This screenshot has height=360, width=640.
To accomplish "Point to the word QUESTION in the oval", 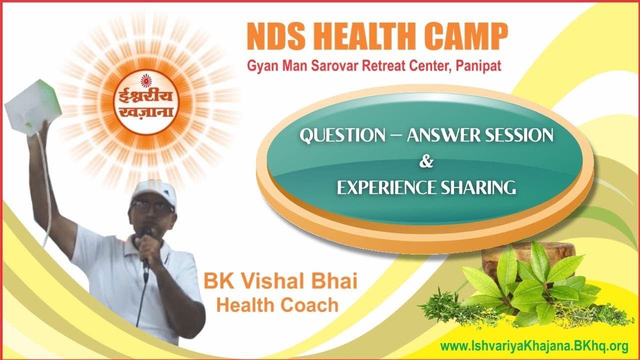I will tap(342, 135).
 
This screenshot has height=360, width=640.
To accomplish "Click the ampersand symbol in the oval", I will tap(426, 161).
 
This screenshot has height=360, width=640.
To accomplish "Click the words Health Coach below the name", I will tap(277, 304).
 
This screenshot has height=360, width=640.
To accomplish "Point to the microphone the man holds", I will tap(145, 240).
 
